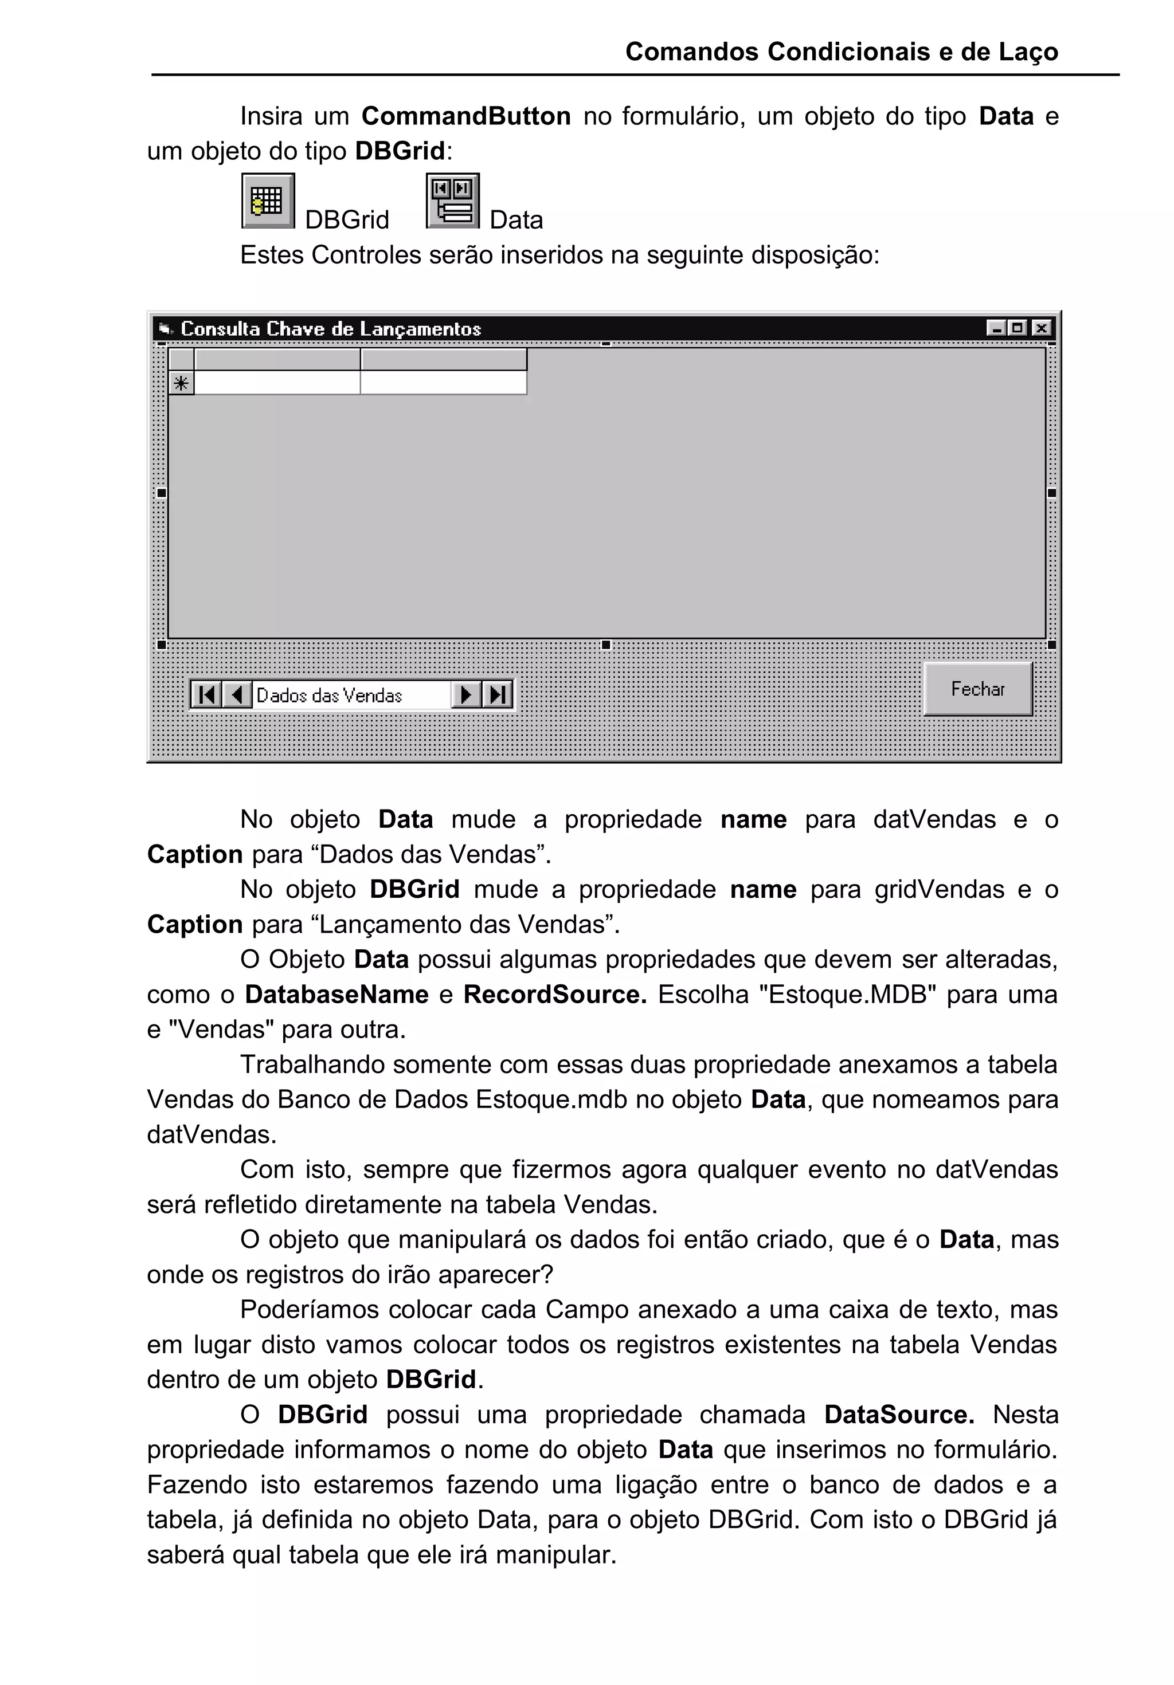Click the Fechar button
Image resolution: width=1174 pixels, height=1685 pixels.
977,689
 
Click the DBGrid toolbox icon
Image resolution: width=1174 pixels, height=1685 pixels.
268,201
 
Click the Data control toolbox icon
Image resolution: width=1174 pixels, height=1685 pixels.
452,201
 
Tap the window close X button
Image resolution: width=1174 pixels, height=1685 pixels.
1041,328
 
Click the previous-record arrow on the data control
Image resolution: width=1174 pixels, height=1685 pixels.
236,694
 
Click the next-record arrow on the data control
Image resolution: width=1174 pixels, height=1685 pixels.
465,694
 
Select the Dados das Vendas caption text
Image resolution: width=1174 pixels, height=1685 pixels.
329,695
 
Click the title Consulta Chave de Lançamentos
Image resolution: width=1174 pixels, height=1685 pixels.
330,329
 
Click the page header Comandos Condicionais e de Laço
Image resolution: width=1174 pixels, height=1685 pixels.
842,52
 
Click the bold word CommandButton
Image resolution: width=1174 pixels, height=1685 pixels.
465,116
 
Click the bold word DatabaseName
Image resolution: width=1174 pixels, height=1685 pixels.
336,995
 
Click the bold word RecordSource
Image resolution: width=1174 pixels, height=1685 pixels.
554,995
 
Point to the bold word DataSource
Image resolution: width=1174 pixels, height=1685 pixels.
899,1414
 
